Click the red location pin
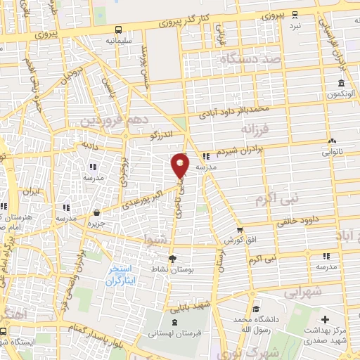180,165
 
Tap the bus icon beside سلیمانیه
118,30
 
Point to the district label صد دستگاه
251,60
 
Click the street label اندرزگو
161,136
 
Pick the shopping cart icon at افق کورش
240,229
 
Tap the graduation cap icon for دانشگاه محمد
257,309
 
